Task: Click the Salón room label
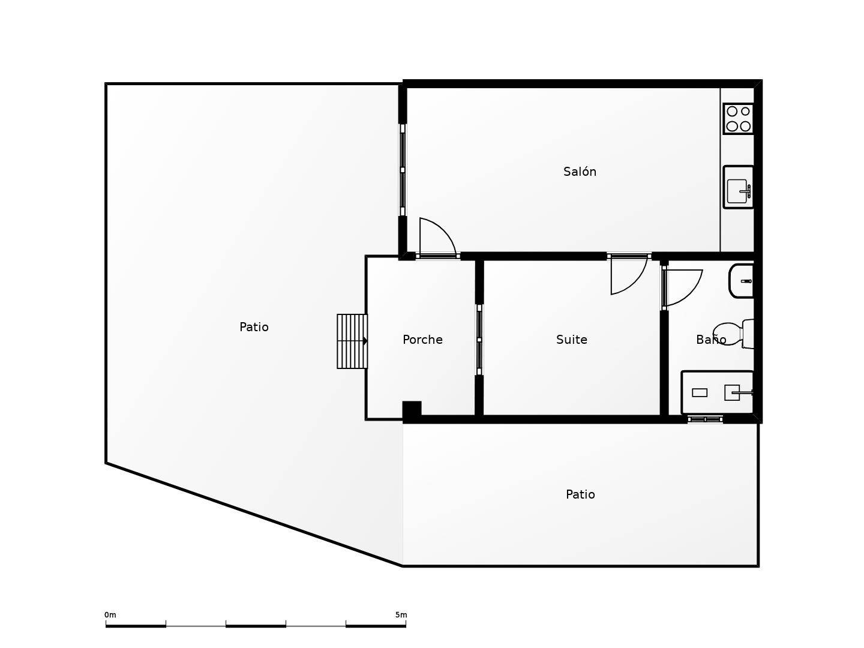tap(580, 172)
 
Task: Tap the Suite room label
tap(572, 339)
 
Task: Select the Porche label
tap(422, 339)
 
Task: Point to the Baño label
tap(711, 339)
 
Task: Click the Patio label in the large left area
tap(254, 326)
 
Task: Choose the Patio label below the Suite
tap(580, 494)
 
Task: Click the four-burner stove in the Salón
tap(739, 118)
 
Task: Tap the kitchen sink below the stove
tap(739, 187)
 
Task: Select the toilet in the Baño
tap(734, 334)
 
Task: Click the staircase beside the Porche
tap(352, 341)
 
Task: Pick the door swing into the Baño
tap(683, 288)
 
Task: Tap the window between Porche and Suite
tap(479, 340)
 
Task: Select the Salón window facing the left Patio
tap(402, 170)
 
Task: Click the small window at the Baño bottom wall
tap(706, 419)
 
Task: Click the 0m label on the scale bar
tap(110, 614)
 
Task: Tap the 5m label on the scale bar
tap(401, 614)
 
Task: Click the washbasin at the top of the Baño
tap(741, 281)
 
